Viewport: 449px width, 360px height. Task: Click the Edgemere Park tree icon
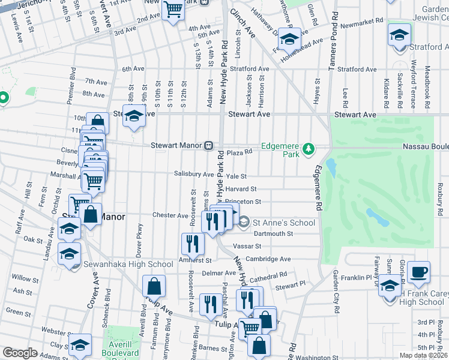tap(309, 148)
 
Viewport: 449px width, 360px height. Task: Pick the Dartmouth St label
tap(273, 234)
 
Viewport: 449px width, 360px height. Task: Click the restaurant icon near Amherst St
tap(192, 243)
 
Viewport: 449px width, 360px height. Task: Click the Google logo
tap(20, 353)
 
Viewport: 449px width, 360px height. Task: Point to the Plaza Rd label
tap(238, 152)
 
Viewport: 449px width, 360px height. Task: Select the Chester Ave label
tap(170, 215)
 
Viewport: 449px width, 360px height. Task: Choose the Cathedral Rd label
tap(269, 276)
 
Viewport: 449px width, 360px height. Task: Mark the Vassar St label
tap(250, 246)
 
